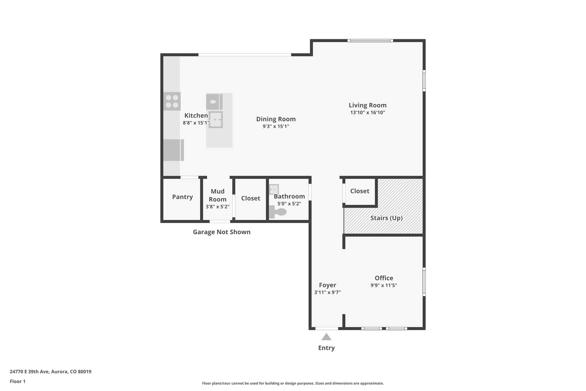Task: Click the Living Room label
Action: [x=368, y=105]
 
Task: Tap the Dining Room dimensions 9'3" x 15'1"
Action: [x=276, y=126]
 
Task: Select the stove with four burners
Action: [x=172, y=101]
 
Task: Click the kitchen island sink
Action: [x=216, y=120]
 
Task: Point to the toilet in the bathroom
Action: [x=278, y=212]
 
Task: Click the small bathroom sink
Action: [x=274, y=189]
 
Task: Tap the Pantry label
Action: [x=182, y=197]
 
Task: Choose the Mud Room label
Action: [x=218, y=195]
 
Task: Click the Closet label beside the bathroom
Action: [x=251, y=198]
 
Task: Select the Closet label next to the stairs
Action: [x=360, y=191]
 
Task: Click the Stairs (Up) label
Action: [x=386, y=218]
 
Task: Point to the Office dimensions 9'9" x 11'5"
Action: [x=384, y=285]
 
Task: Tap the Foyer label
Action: [x=327, y=285]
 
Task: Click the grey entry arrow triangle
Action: [x=326, y=337]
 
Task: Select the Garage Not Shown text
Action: [x=222, y=232]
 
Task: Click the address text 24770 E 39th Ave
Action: [x=29, y=371]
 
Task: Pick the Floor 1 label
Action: [x=17, y=382]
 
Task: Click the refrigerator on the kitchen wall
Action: [x=173, y=150]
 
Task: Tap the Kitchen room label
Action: [x=196, y=115]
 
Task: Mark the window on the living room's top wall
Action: [x=370, y=41]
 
